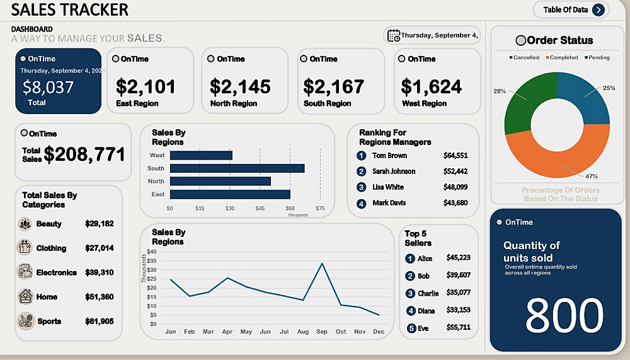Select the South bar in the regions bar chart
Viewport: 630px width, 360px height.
pos(237,168)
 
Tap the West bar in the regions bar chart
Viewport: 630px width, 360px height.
pos(201,155)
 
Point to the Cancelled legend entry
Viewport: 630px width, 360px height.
pos(524,57)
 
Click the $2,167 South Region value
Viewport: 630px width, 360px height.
pos(334,86)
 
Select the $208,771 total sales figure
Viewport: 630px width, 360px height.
pos(84,154)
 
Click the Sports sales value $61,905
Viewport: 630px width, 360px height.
pos(100,321)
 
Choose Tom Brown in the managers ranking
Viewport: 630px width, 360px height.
pos(389,155)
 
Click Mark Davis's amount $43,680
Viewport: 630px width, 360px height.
pos(455,202)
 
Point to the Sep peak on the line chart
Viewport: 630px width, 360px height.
pos(323,264)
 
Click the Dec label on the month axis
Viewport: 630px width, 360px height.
pos(379,331)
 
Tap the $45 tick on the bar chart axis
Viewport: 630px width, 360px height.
pos(260,208)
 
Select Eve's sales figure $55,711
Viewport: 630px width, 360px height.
pos(458,328)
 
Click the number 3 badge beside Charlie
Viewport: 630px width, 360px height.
pos(410,293)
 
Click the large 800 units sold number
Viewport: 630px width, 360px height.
pos(564,314)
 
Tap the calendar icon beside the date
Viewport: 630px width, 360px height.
pos(394,35)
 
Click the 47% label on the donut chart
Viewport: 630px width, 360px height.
pos(592,176)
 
